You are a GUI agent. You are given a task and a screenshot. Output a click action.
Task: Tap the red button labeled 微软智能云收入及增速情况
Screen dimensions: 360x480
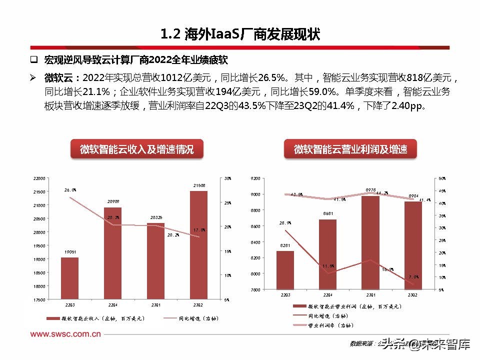pos(136,149)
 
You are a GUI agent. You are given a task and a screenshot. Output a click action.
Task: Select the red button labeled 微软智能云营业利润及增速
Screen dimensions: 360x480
pos(350,149)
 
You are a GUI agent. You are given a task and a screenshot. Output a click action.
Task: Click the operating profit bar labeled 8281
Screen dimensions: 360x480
pos(285,270)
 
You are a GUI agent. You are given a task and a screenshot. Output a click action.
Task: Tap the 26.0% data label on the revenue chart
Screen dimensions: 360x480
pos(70,190)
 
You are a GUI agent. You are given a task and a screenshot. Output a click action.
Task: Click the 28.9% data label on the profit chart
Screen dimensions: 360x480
pos(285,223)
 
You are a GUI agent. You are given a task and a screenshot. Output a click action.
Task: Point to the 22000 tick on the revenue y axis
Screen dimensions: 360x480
pos(39,178)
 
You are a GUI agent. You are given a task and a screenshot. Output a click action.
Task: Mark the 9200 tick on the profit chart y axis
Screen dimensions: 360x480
pos(254,178)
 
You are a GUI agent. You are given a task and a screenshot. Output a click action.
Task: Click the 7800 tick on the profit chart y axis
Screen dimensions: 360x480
pos(254,290)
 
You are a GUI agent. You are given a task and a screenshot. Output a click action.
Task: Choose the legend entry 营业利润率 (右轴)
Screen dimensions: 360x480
pos(330,325)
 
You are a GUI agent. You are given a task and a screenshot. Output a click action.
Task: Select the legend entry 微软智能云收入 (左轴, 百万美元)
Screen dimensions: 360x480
pos(95,318)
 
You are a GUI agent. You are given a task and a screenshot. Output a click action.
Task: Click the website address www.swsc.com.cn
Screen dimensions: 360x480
pos(65,333)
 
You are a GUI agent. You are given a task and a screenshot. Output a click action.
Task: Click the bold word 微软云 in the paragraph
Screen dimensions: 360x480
pos(58,78)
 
